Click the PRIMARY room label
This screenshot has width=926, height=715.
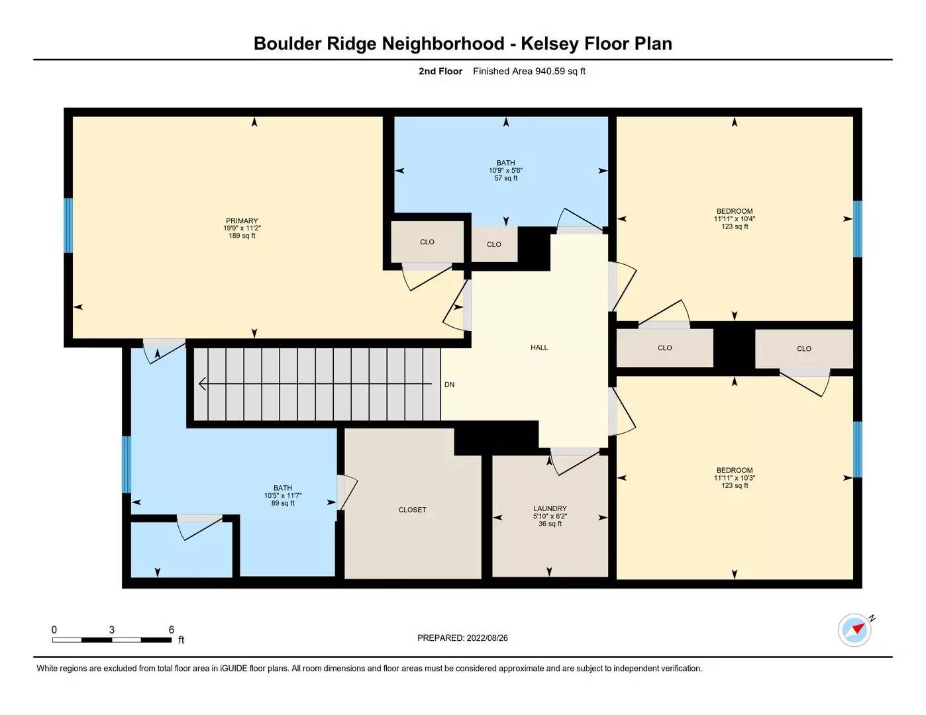[242, 221]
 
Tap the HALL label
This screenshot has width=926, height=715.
[539, 348]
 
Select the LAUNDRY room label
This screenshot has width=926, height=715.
[550, 508]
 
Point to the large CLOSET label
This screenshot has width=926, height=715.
[412, 510]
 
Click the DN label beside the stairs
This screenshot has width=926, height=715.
[449, 385]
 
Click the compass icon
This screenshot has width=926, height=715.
[854, 629]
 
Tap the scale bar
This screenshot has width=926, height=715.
[111, 640]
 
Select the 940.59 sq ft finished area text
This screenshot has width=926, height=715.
[560, 71]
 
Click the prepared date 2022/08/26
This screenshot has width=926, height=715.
[487, 638]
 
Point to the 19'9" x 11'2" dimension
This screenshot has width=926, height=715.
[242, 228]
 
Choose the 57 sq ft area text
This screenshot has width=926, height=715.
[506, 178]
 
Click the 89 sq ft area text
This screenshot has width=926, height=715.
[283, 503]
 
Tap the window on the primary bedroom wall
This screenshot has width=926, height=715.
[68, 225]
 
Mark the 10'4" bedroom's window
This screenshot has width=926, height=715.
[858, 228]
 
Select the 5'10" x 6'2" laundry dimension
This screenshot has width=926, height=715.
[550, 516]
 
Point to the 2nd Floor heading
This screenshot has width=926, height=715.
[440, 71]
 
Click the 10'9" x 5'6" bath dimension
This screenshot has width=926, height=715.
[506, 171]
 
